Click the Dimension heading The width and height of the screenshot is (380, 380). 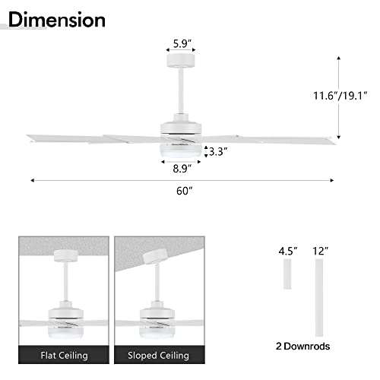(x=58, y=18)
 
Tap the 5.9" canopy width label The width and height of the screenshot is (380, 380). (x=181, y=43)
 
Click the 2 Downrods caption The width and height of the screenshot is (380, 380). (x=303, y=345)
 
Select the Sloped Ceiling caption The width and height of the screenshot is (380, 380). (x=160, y=355)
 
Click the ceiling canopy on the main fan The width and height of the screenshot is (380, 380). (x=180, y=61)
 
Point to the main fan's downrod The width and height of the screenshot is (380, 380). (x=181, y=91)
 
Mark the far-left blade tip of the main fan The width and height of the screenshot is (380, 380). (x=30, y=138)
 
